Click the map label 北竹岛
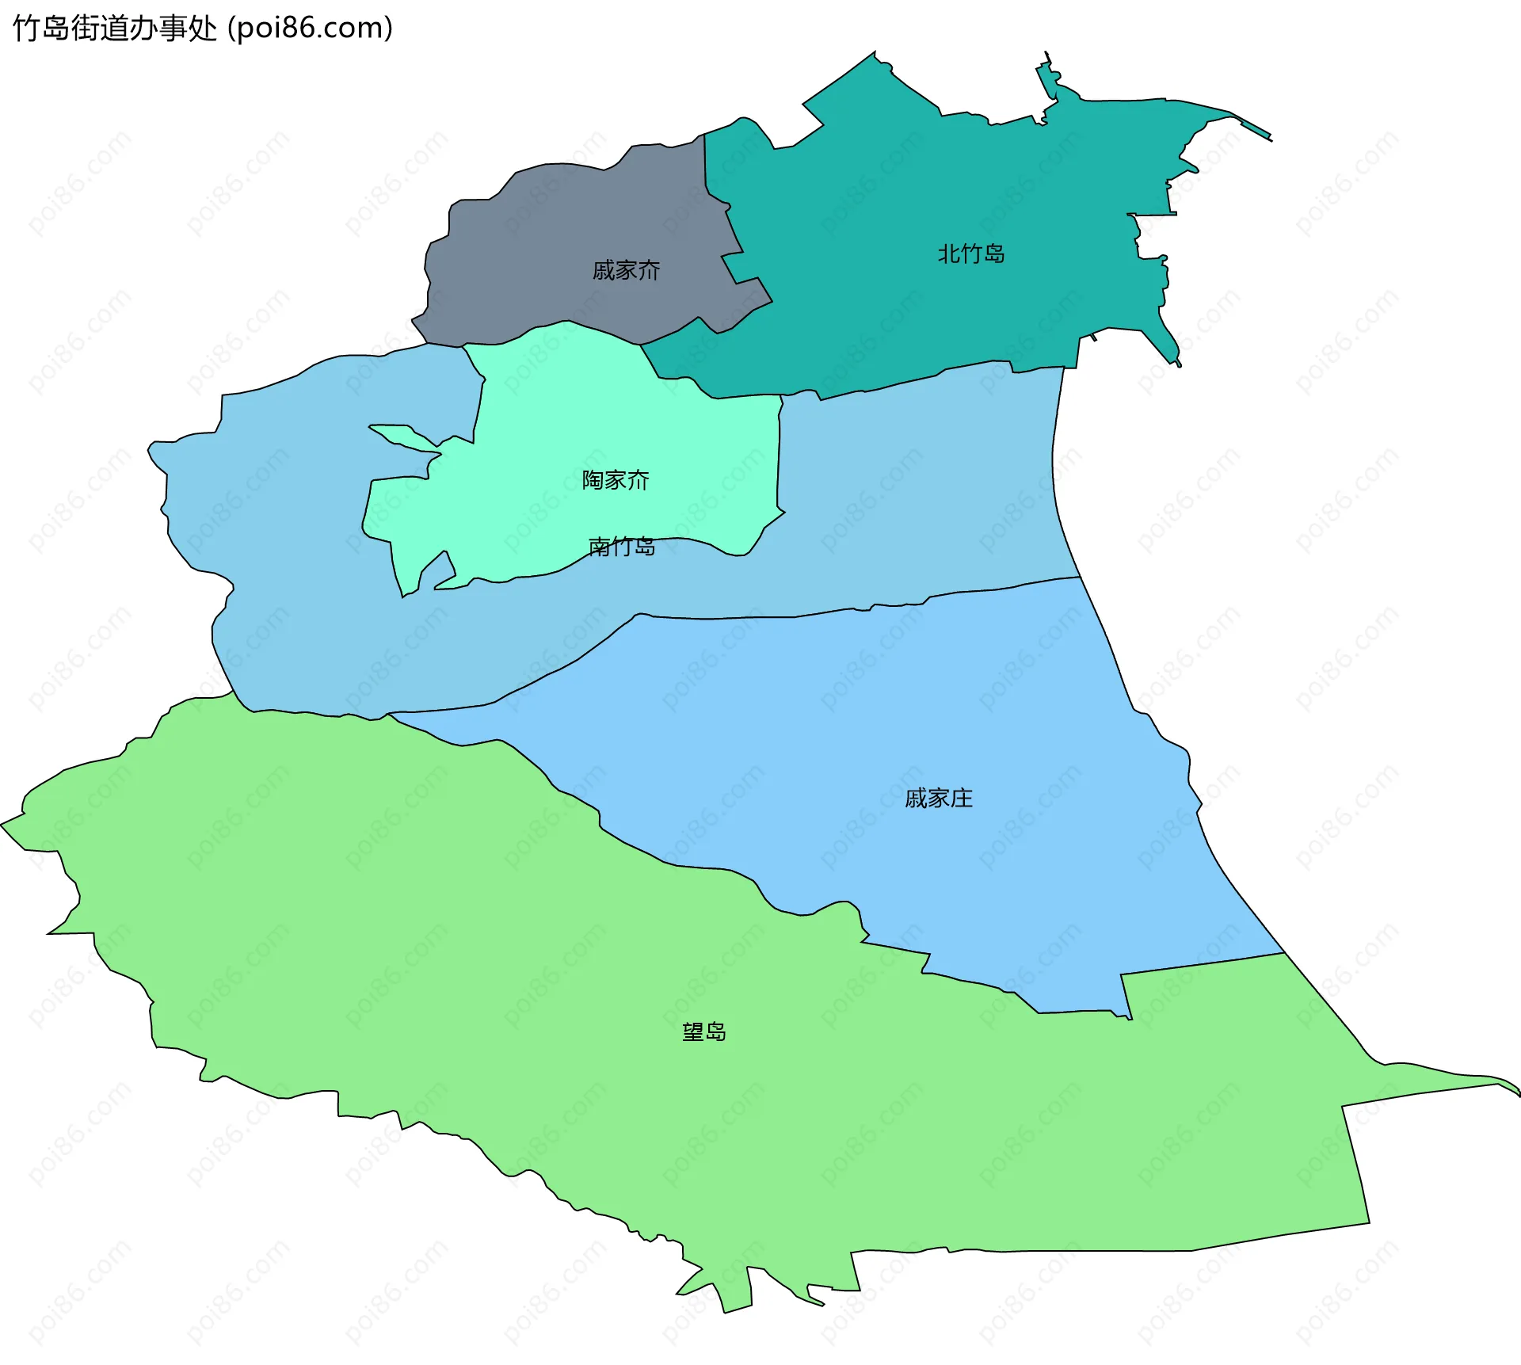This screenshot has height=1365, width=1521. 971,254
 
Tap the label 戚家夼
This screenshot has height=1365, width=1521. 626,271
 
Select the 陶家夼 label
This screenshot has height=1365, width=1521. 616,480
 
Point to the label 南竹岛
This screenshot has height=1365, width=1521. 622,547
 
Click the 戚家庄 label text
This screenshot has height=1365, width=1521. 939,799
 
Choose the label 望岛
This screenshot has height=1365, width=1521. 704,1032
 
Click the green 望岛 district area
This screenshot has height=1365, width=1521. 475,990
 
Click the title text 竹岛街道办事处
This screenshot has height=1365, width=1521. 115,29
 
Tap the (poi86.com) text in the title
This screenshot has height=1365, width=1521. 311,29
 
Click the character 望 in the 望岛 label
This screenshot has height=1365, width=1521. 693,1032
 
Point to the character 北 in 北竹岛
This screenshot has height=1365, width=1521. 949,254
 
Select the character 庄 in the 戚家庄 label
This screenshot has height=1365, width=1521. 962,799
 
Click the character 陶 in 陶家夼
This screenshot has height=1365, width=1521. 593,480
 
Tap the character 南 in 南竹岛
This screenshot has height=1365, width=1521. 599,547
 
